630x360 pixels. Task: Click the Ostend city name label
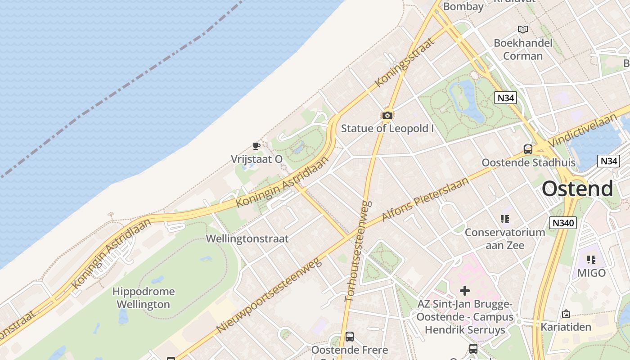(x=577, y=189)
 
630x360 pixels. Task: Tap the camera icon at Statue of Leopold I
(x=387, y=116)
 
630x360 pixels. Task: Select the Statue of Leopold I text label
(x=387, y=128)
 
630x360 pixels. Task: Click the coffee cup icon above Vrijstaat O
(x=256, y=146)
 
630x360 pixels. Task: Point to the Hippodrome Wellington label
(x=144, y=298)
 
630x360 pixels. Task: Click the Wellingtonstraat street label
(x=247, y=238)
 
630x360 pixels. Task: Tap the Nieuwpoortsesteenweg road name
(x=269, y=295)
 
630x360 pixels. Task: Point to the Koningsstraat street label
(x=405, y=62)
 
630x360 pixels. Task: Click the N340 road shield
(x=562, y=222)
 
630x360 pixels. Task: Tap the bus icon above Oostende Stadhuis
(x=528, y=149)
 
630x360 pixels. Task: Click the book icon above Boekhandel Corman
(x=522, y=30)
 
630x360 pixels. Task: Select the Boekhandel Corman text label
(x=523, y=49)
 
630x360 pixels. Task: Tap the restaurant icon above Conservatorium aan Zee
(x=504, y=219)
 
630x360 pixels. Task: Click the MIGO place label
(x=591, y=273)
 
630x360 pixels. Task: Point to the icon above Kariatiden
(x=566, y=314)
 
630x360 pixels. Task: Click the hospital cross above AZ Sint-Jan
(x=465, y=291)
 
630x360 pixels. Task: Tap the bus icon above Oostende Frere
(x=349, y=336)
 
